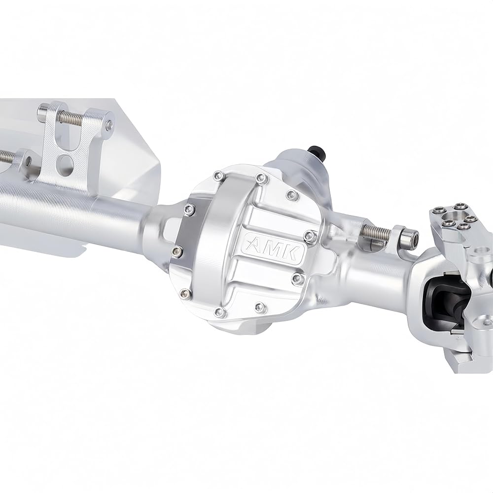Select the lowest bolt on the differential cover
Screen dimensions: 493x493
(219, 312)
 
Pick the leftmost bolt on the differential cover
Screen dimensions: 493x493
(177, 250)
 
